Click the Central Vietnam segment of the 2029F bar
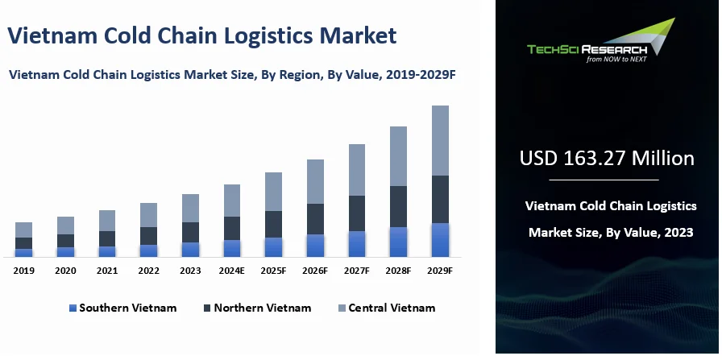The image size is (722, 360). [x=439, y=140]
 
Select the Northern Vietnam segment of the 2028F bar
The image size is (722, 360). [x=398, y=207]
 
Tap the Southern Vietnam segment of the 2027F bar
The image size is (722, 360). [x=356, y=244]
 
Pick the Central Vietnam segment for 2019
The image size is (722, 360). [x=24, y=230]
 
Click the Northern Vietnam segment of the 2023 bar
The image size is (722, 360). [x=190, y=232]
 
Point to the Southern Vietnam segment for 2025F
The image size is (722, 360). [x=273, y=247]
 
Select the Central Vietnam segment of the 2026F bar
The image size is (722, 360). [x=315, y=181]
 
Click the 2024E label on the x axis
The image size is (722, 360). [x=231, y=271]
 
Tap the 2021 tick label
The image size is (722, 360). [x=107, y=271]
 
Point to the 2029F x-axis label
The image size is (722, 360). [x=439, y=271]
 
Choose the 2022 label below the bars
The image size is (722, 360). [x=148, y=271]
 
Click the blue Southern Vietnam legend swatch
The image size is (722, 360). [x=73, y=308]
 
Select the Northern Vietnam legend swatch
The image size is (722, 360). [x=208, y=308]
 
